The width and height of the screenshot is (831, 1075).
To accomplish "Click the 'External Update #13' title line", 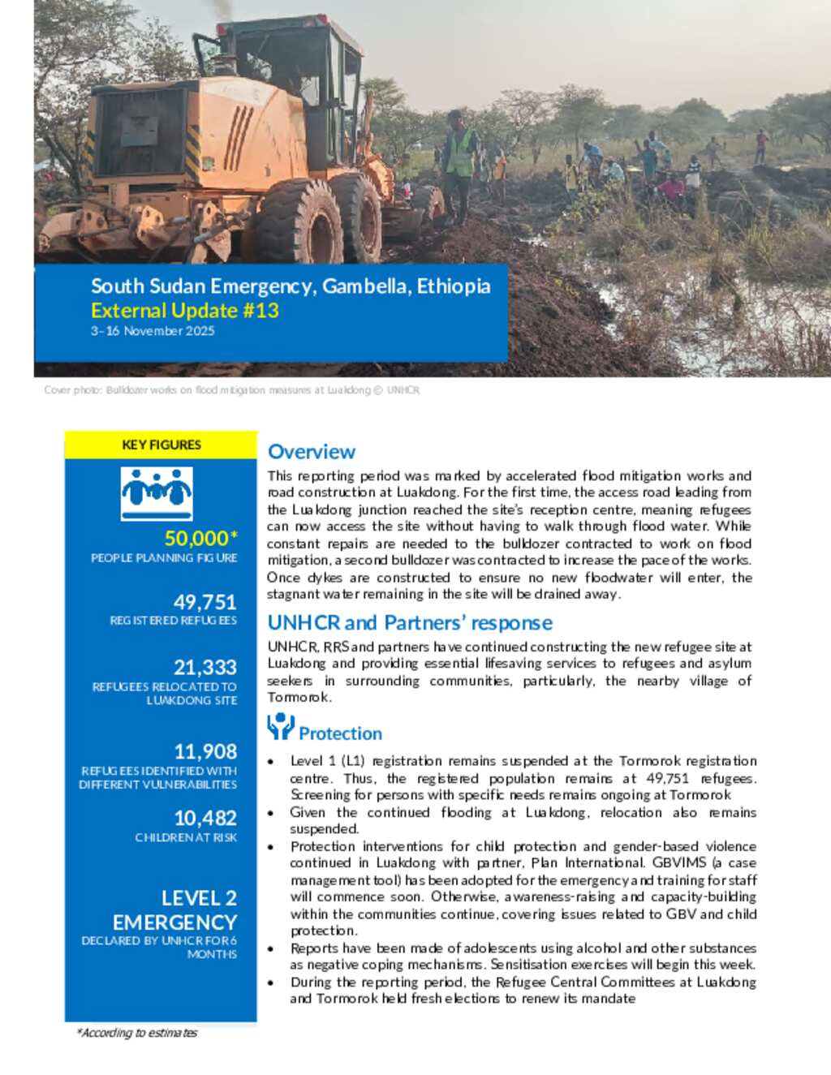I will (x=185, y=311).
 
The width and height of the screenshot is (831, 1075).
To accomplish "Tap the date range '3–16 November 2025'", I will (x=153, y=331).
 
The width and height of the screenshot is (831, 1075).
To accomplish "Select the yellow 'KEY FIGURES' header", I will (x=161, y=445).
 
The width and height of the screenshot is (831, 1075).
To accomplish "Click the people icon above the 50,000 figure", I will (x=157, y=492).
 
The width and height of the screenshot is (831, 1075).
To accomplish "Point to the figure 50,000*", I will (x=200, y=538).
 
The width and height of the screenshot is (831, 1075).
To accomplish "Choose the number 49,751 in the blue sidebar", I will (x=205, y=602).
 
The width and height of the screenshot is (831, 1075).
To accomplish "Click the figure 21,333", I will (x=205, y=667).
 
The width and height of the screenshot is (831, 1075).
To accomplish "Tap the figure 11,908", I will (x=205, y=751).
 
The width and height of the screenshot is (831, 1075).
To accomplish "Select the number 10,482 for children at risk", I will (x=205, y=818).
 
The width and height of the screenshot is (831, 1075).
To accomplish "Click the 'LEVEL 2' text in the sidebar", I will (x=199, y=898).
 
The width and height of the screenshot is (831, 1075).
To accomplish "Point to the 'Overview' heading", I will (x=312, y=452).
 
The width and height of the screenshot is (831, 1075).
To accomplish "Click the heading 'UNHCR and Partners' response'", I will (x=410, y=623).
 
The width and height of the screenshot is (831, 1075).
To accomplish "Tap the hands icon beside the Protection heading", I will (x=280, y=726).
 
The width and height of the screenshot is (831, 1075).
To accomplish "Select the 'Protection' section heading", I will (x=340, y=733).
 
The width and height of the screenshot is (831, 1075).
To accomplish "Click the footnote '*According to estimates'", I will (x=137, y=1033).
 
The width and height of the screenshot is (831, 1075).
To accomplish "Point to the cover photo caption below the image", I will (x=232, y=390).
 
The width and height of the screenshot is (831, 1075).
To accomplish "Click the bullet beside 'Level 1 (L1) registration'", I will (x=270, y=762).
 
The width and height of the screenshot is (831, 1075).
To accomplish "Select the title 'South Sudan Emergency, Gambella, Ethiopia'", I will (x=291, y=286).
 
